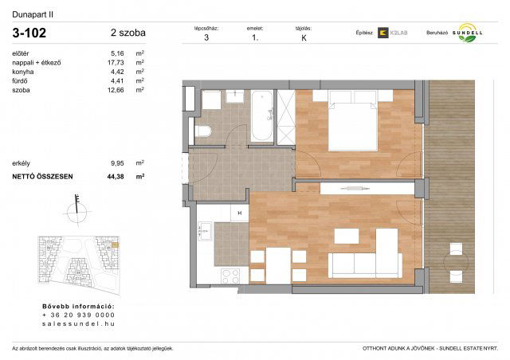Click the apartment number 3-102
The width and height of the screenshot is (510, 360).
click(30, 33)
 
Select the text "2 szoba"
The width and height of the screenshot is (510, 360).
click(128, 33)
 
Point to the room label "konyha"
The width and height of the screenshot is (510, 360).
click(23, 72)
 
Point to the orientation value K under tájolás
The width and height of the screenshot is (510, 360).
click(303, 37)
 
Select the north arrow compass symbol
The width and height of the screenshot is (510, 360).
click(77, 209)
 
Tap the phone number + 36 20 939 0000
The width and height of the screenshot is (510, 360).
click(78, 315)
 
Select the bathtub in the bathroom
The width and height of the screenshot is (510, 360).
click(261, 117)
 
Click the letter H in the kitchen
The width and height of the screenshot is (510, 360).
click(238, 213)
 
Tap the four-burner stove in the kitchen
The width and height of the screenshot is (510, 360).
click(230, 276)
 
